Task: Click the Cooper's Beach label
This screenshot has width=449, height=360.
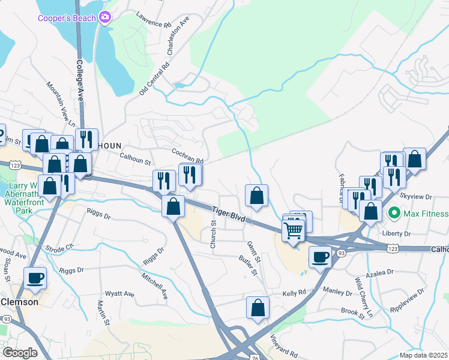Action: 66,18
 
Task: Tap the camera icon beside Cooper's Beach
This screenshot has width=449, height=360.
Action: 106,17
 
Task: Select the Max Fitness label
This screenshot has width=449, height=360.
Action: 426,214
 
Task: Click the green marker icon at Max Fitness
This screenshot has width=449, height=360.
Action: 394,213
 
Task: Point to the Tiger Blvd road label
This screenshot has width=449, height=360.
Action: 229,215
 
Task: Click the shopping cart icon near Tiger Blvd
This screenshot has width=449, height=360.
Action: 293,229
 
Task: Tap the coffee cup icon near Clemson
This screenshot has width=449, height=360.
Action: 35,277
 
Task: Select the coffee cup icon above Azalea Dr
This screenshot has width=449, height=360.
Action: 320,256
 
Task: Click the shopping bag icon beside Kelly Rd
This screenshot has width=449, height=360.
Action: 258,307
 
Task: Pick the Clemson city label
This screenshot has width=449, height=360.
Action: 19,302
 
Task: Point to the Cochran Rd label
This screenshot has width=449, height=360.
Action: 187,157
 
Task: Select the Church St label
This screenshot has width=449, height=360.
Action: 213,234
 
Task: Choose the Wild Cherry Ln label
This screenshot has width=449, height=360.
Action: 363,298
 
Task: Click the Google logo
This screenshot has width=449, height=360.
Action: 20,353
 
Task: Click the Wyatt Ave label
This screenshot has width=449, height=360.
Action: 120,294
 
